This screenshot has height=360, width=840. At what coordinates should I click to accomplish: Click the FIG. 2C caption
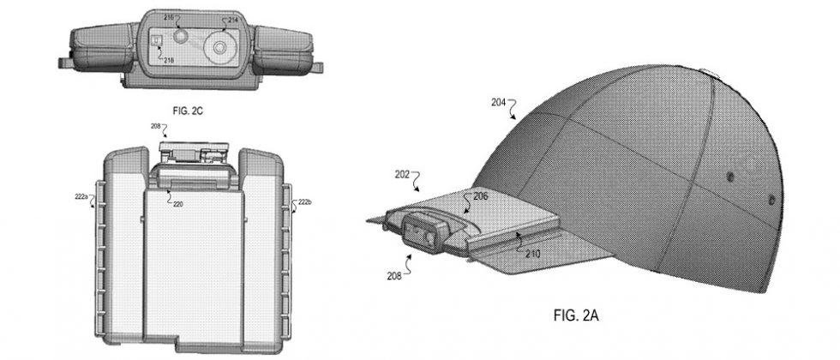tap(187, 111)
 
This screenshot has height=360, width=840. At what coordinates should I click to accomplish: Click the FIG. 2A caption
tap(575, 316)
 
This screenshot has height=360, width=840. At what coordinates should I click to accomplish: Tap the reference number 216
tap(169, 18)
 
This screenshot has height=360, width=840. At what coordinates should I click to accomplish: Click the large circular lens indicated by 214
tap(219, 48)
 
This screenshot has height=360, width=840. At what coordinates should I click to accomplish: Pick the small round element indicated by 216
tap(181, 37)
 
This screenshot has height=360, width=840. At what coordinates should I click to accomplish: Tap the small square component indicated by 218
tap(158, 41)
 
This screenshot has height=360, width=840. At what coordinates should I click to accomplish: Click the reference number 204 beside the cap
tap(498, 102)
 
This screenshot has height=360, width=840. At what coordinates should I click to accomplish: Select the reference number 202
tap(402, 175)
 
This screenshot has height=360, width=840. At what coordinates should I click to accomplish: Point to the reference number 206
tap(481, 196)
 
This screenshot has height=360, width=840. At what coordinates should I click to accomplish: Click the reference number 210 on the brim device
tap(533, 253)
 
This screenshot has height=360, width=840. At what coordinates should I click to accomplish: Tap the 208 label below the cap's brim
tap(393, 277)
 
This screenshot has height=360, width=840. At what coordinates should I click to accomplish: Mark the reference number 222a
tap(81, 197)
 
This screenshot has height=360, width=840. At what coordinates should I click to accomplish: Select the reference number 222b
tap(304, 202)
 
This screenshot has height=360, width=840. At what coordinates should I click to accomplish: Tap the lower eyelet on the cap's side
tap(771, 200)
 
